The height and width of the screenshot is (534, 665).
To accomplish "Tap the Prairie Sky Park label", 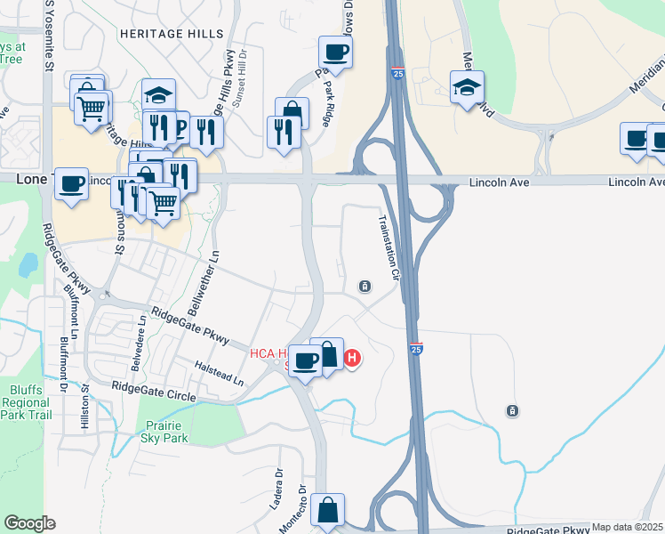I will [x=164, y=433].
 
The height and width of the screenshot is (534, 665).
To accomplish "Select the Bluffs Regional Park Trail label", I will [x=27, y=402].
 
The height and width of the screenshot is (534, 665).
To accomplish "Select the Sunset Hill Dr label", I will [x=238, y=85].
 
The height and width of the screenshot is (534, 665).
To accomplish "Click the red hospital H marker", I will [x=352, y=359].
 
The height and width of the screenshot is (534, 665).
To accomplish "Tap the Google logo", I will [x=29, y=523].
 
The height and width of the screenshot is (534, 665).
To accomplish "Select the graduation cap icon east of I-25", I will [x=467, y=87].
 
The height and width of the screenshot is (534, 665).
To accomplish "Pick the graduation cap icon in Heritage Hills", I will [x=158, y=94].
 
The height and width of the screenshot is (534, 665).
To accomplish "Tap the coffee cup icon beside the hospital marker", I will [x=305, y=360].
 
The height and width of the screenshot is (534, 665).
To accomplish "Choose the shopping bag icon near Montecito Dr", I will [x=328, y=511].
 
